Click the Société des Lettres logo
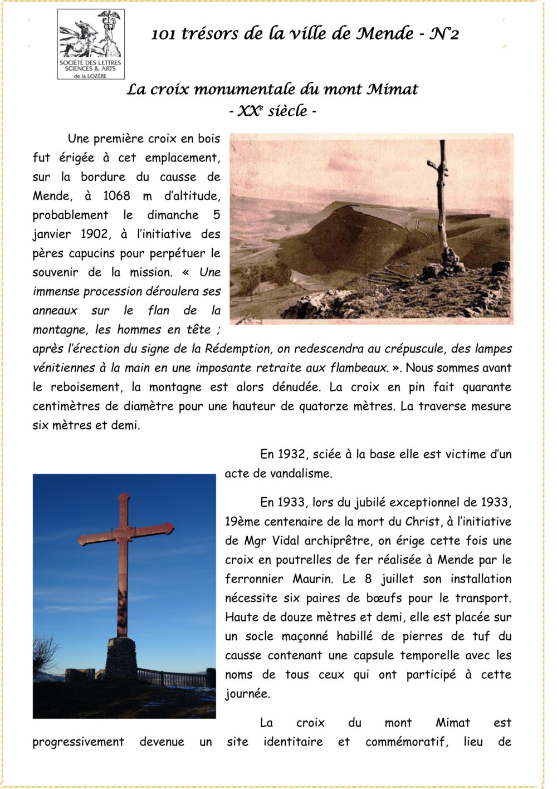coord(91,44)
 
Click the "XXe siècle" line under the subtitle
coord(273,111)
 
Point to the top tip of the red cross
coord(124,495)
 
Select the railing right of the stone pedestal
coord(173,678)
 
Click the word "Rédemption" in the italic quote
coord(237,349)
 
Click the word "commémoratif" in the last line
coord(407,742)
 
